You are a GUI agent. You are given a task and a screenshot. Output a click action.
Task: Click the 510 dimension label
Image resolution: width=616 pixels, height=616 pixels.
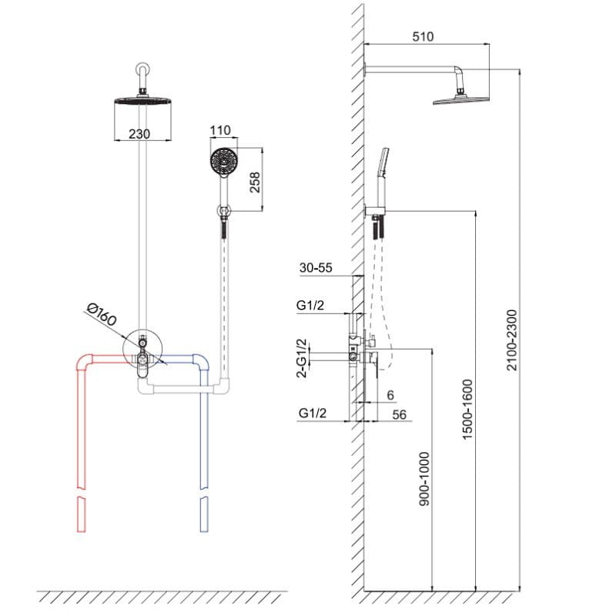pyautogui.click(x=423, y=36)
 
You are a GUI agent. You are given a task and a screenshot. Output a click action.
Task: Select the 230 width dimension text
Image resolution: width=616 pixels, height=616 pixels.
pyautogui.click(x=139, y=133)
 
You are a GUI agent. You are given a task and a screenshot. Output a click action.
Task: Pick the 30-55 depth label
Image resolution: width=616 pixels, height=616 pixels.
pyautogui.click(x=316, y=268)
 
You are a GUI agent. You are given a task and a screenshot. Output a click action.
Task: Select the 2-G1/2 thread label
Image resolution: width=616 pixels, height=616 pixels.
pyautogui.click(x=302, y=357)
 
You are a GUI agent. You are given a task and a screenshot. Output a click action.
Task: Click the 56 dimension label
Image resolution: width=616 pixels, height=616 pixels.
pyautogui.click(x=398, y=414)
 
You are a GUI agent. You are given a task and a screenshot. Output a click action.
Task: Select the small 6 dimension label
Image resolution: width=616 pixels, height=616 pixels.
pyautogui.click(x=390, y=394)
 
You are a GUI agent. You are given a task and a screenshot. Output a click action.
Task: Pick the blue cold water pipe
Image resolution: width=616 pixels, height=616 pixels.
pyautogui.click(x=204, y=431)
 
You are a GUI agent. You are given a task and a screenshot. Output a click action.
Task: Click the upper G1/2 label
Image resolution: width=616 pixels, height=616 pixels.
pyautogui.click(x=310, y=306)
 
